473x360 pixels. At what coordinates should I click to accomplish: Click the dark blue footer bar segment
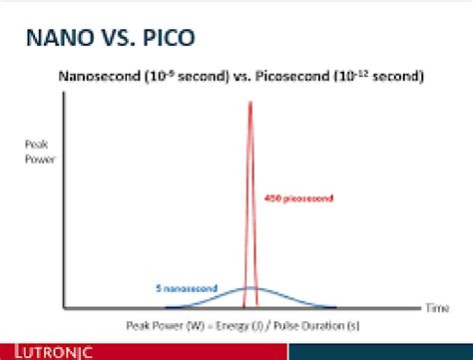(x=380, y=351)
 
